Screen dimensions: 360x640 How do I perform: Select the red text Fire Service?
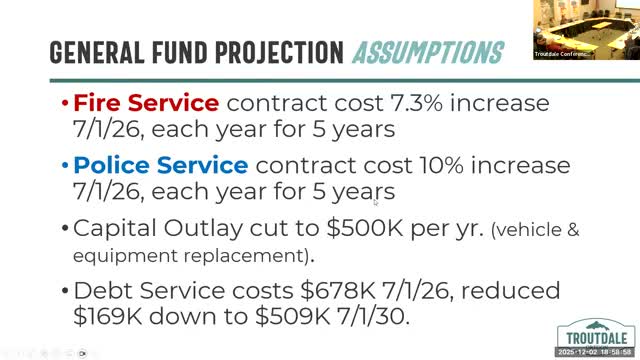pyautogui.click(x=146, y=103)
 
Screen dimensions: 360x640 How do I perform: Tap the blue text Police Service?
pyautogui.click(x=161, y=164)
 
